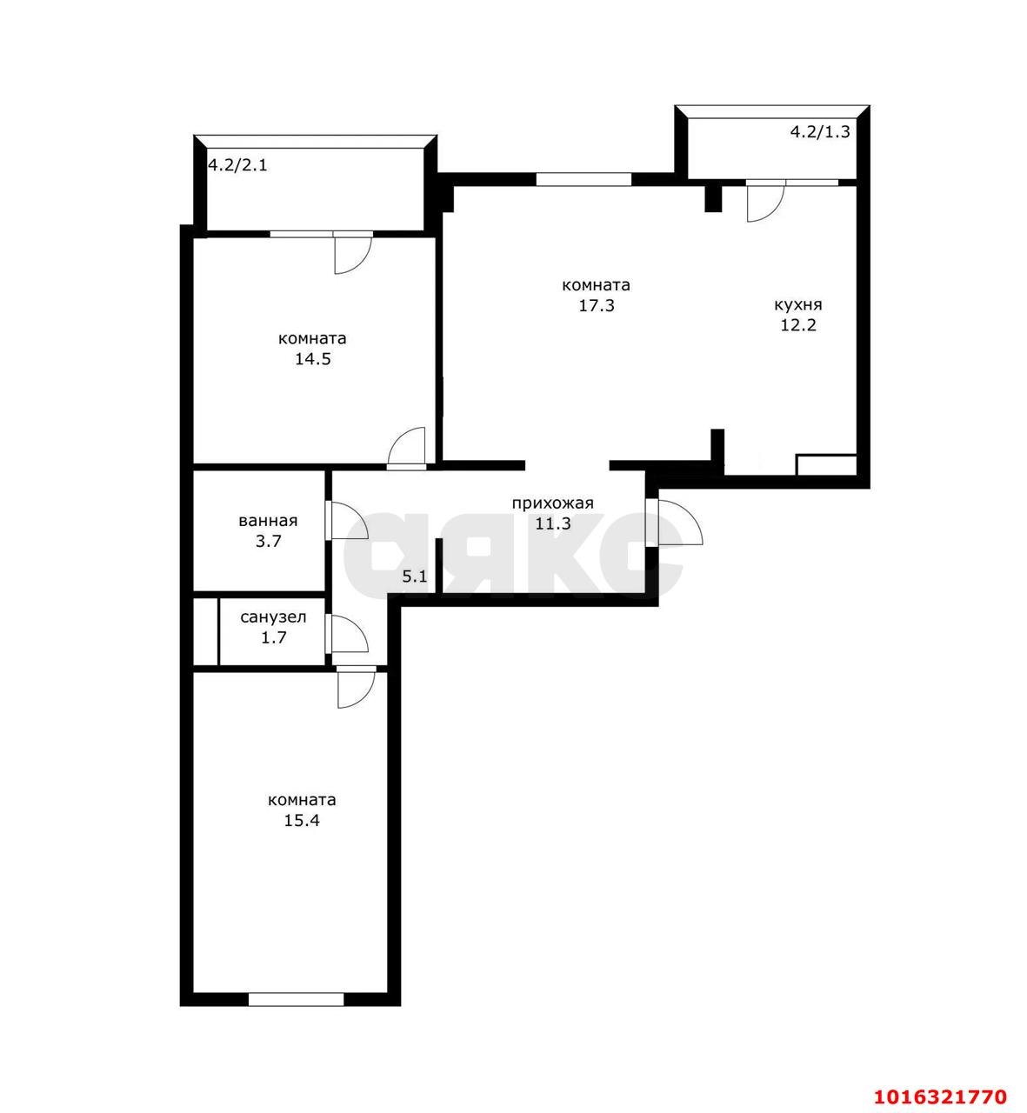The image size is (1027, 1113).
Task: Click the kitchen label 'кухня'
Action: tap(797, 305)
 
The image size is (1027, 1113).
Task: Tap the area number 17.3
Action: tap(597, 306)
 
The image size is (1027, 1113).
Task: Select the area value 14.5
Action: tap(313, 359)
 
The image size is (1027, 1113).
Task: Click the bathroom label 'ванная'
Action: tap(268, 521)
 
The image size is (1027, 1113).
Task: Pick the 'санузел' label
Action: tap(274, 617)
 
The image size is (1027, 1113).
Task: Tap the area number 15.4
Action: tap(302, 821)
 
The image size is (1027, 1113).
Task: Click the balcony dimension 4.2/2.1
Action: tap(237, 165)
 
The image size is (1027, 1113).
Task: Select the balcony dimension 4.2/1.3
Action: tap(819, 131)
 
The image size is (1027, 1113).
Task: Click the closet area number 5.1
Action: tap(415, 576)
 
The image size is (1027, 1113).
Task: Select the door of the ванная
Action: tap(346, 519)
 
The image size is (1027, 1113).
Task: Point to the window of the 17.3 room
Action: tap(583, 179)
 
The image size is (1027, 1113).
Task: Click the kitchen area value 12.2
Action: tap(798, 325)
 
